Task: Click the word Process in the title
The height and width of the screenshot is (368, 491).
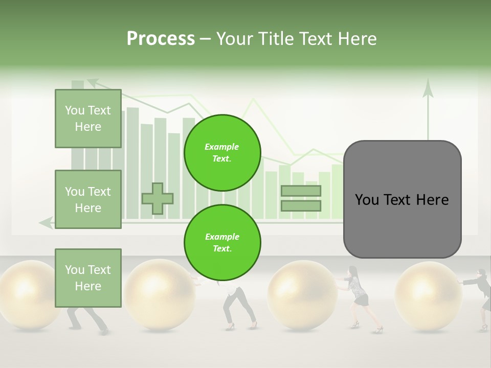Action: pos(161,38)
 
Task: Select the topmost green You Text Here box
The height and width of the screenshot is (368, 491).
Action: pos(88,119)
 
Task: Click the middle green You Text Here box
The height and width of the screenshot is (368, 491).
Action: pos(88,199)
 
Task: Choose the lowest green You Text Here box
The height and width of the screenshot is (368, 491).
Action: pos(88,278)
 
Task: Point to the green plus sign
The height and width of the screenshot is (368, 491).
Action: pos(158,198)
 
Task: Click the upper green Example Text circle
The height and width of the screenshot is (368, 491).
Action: pos(222,153)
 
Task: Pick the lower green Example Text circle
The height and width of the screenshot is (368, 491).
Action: pos(222,243)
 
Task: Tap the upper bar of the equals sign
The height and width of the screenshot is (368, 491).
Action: pos(301,191)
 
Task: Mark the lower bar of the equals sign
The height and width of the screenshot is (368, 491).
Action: pos(301,205)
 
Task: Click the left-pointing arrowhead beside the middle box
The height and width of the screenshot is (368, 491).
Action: pos(46,222)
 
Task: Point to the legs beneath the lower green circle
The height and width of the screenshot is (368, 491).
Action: pos(238,307)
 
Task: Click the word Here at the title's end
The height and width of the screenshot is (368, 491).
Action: pos(355,38)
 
